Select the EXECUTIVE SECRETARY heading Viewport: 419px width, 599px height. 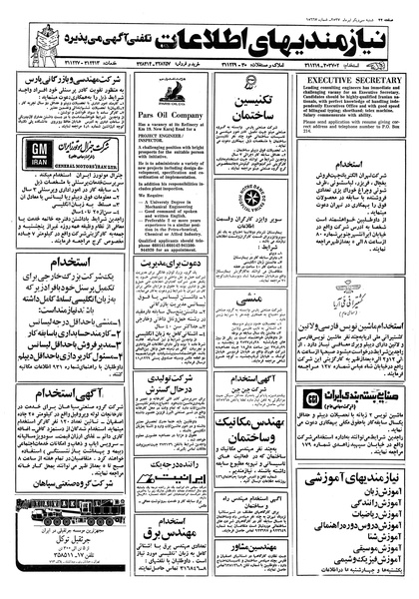(x=354, y=76)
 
